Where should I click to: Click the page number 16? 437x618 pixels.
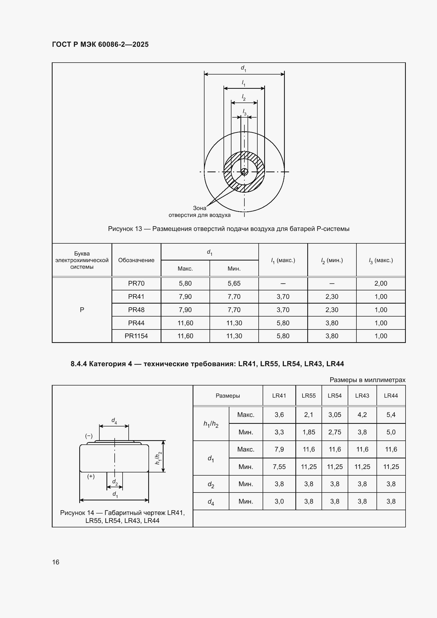click(56, 562)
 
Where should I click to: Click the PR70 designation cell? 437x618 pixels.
click(136, 284)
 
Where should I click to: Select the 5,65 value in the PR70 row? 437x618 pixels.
click(234, 284)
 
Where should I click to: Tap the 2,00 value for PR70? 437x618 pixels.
click(380, 284)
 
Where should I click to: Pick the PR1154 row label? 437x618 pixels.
click(136, 336)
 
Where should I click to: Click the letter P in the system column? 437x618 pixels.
click(82, 310)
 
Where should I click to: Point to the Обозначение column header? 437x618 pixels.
click(136, 260)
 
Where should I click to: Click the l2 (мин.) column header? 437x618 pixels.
click(332, 260)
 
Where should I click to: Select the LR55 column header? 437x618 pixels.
click(308, 396)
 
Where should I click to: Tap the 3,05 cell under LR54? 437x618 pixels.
click(334, 415)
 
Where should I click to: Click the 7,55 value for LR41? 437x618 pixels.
click(279, 467)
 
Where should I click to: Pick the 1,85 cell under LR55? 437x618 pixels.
click(308, 432)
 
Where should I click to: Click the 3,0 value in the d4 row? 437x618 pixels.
click(279, 501)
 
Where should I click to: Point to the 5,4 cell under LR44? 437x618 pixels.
click(391, 415)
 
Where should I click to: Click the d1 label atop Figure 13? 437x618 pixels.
click(243, 68)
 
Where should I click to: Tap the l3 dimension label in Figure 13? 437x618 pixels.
click(244, 112)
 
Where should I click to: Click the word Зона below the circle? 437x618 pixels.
click(199, 208)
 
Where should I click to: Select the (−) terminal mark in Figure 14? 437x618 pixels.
click(89, 436)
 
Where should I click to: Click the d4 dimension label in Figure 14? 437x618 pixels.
click(114, 421)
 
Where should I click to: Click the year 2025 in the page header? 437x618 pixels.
click(140, 44)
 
